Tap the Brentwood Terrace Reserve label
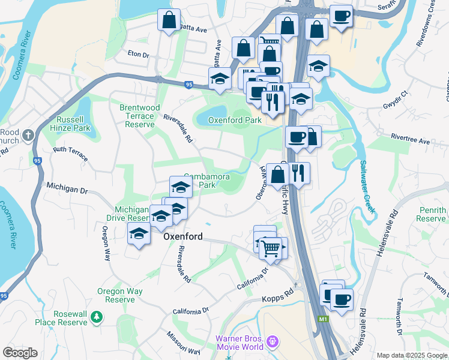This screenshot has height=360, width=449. tap(139, 116)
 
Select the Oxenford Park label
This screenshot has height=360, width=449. tap(235, 120)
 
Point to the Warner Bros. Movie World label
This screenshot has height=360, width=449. tap(240, 343)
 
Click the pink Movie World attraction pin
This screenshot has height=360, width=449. tap(273, 341)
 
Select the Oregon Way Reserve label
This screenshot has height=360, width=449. tap(120, 295)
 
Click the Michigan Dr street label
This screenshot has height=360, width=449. tap(67, 188)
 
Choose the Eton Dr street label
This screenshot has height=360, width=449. tap(138, 54)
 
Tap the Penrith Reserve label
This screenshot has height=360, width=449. tap(431, 214)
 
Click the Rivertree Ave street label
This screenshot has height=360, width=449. tap(410, 141)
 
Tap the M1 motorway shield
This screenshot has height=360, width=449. tap(323, 319)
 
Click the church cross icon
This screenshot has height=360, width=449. tap(27, 136)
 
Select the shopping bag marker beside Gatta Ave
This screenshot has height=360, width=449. tap(169, 20)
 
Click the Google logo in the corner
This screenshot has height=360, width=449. tap(20, 353)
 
